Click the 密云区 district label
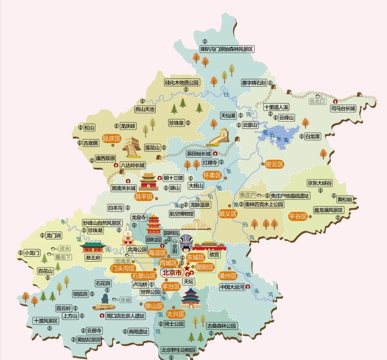point(274,164)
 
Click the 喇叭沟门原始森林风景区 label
point(227,49)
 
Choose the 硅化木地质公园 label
point(182,83)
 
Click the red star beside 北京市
point(187,269)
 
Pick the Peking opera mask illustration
point(187,242)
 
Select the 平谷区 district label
point(297,216)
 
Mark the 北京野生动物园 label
point(178,350)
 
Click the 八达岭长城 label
point(132,165)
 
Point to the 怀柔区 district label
point(212,175)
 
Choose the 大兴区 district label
point(175,314)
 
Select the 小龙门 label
point(32,253)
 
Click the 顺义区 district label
point(227,214)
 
